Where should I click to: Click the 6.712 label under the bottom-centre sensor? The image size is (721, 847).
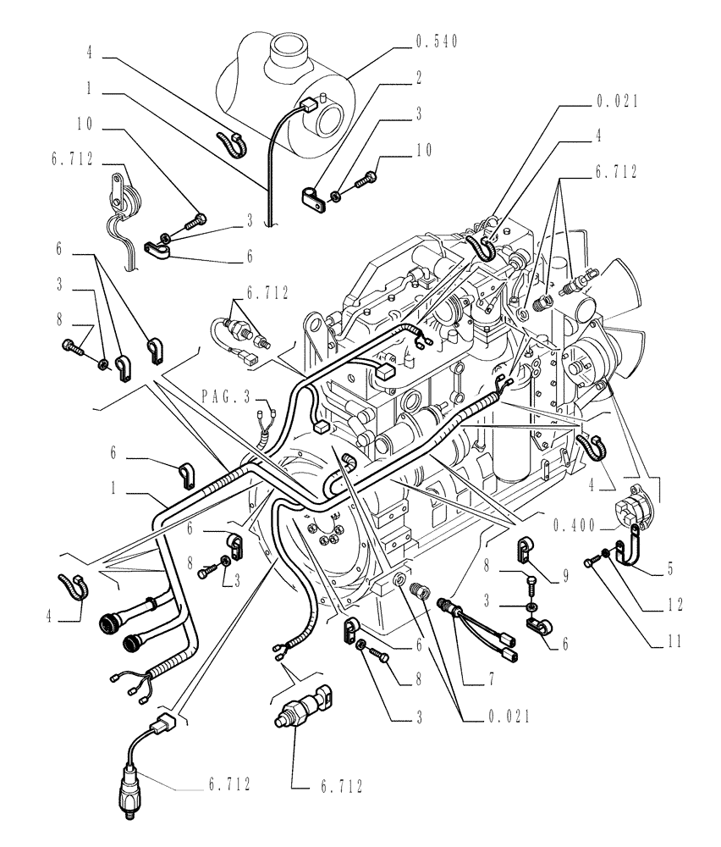(x=337, y=787)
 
